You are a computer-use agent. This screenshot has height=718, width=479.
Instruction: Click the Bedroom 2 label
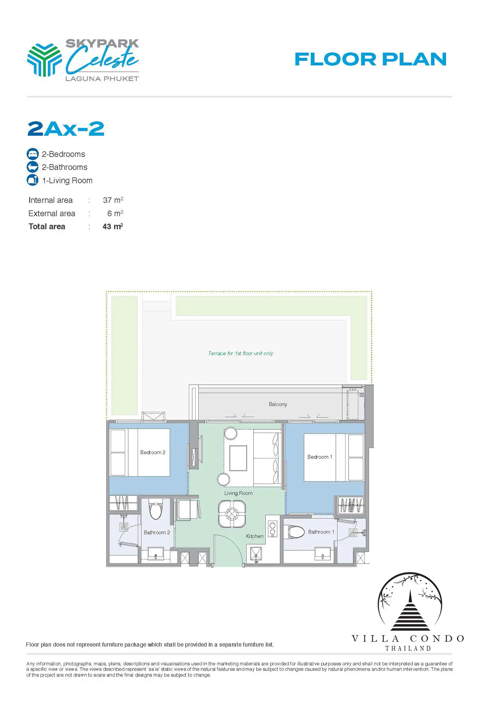(153, 452)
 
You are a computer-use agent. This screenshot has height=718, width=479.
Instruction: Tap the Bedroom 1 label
(320, 457)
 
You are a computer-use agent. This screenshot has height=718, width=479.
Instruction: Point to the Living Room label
(238, 493)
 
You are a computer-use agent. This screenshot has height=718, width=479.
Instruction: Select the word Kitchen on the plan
(254, 536)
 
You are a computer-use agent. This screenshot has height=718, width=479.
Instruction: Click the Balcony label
(278, 404)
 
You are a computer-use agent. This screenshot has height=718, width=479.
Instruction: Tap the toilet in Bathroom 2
(156, 509)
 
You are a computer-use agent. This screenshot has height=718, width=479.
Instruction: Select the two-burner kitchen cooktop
(273, 528)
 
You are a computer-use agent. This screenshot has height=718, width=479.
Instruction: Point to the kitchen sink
(256, 554)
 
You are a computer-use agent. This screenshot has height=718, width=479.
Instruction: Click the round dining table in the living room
(232, 514)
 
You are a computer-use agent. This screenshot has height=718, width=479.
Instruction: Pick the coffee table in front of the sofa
(238, 458)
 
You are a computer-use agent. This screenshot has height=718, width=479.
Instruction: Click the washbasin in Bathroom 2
(156, 553)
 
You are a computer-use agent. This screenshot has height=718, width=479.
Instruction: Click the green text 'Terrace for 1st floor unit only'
(241, 353)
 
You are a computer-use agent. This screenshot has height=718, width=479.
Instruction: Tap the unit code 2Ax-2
(66, 129)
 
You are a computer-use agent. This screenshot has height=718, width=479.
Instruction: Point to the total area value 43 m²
(113, 226)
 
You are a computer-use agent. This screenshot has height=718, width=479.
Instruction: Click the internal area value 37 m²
(113, 200)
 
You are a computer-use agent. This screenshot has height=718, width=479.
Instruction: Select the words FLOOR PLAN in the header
(370, 59)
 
